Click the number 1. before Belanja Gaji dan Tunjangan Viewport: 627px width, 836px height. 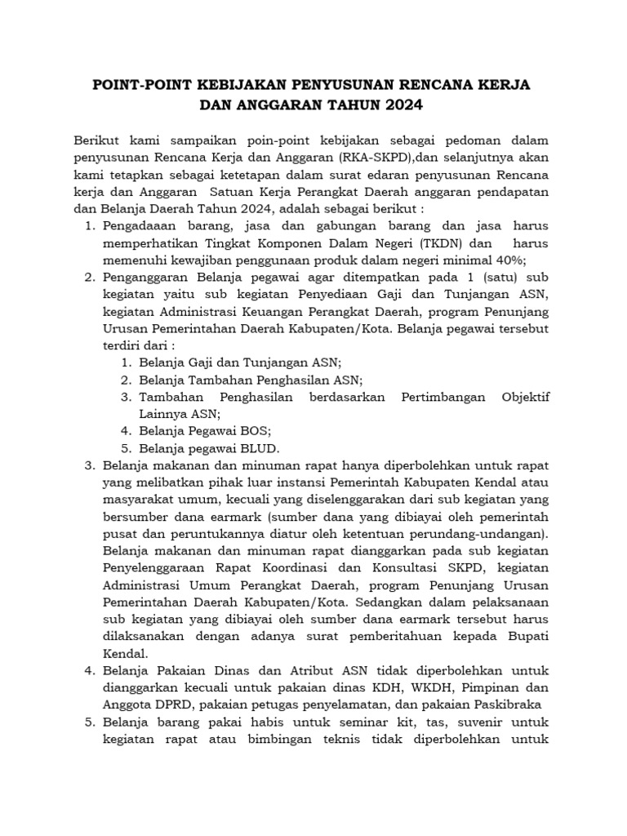point(126,362)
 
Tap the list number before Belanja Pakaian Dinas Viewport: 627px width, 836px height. point(91,671)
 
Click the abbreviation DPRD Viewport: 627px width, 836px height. point(165,705)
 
